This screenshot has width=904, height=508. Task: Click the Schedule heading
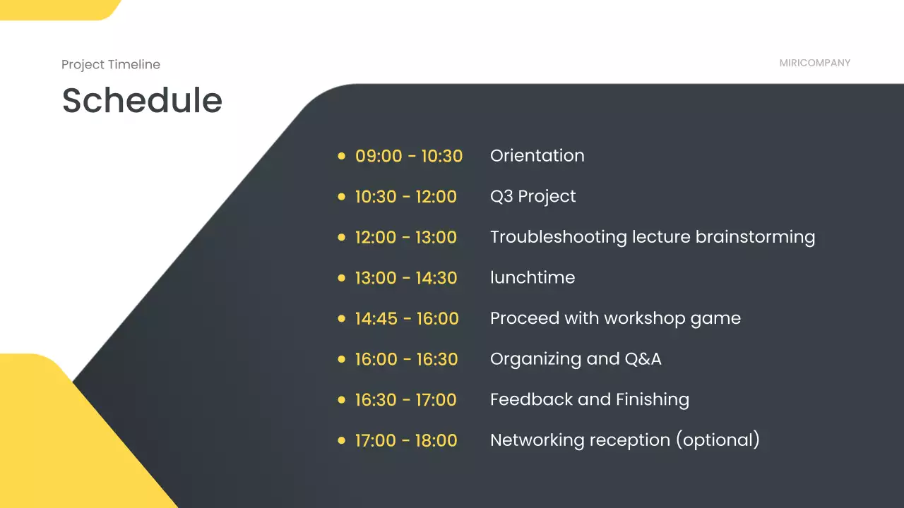(x=142, y=100)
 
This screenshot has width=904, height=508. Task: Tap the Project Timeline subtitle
(x=111, y=64)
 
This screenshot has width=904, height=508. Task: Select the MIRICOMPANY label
(x=815, y=63)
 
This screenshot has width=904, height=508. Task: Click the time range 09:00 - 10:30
(x=409, y=156)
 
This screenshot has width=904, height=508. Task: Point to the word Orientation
(x=537, y=156)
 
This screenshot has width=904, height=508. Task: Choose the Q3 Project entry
(x=533, y=197)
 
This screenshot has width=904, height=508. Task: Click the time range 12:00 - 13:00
(x=406, y=237)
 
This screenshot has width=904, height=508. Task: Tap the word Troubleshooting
(x=559, y=238)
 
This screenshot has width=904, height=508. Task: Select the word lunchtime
(x=533, y=277)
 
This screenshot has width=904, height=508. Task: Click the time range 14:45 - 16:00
(x=407, y=318)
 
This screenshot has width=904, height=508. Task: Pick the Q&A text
(x=643, y=359)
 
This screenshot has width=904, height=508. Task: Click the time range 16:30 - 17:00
(x=406, y=400)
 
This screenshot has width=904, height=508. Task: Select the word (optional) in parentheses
(x=718, y=440)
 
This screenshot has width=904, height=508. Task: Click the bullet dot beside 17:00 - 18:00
(x=341, y=441)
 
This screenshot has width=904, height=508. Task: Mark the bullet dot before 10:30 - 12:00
(x=341, y=197)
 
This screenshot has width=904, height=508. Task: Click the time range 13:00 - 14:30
(x=406, y=278)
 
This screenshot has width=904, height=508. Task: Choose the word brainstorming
(x=755, y=238)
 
